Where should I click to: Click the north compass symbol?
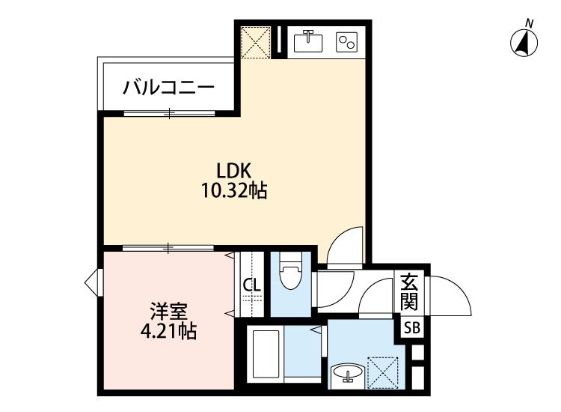click(526, 43)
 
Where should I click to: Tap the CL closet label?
click(251, 285)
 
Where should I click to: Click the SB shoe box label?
click(412, 327)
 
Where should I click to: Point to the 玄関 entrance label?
click(408, 293)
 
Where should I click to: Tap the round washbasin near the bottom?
click(347, 372)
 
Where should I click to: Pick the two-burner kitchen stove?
click(347, 42)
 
